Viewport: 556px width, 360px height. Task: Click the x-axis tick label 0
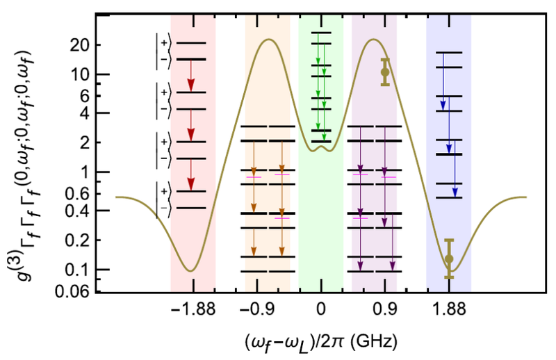tap(321, 313)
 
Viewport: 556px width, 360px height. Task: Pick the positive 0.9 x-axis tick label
tap(385, 313)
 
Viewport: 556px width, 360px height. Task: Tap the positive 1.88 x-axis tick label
tap(449, 313)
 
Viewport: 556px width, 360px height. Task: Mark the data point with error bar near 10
tap(385, 72)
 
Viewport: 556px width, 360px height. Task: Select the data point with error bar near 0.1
tap(449, 259)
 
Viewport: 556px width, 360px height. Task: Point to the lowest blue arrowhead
tap(455, 191)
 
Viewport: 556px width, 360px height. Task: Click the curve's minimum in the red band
tap(190, 270)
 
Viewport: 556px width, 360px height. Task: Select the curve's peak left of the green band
tap(268, 39)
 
